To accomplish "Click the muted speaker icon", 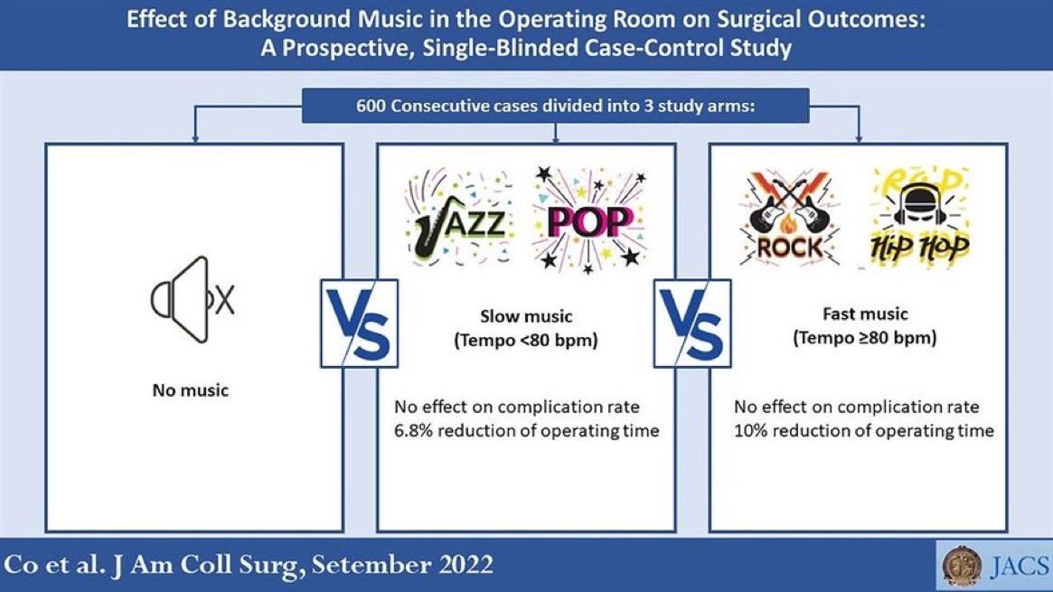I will point(193,299).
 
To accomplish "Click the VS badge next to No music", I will point(358,322).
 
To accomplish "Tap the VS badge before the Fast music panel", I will point(692,322).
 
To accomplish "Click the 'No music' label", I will point(190,390).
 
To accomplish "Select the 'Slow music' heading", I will point(525,316).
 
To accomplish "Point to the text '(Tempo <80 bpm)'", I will point(525,340).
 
